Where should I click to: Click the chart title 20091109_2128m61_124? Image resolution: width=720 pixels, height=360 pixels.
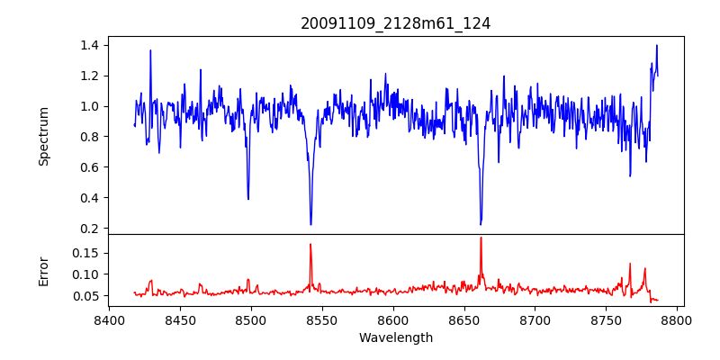395,23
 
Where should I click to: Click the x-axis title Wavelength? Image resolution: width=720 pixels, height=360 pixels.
395,337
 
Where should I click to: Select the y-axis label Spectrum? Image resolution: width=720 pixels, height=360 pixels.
43,136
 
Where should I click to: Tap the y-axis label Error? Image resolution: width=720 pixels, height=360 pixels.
43,270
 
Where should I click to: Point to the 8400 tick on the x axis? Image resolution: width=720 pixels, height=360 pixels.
109,319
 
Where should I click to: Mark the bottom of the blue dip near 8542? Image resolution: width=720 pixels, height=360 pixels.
310,224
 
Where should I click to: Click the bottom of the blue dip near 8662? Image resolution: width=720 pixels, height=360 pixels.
481,224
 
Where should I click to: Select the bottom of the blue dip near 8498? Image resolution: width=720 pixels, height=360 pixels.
248,199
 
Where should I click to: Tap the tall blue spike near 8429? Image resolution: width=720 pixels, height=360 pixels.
150,50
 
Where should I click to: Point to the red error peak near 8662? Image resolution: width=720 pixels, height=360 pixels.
481,238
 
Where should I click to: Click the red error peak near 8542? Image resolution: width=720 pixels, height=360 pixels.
310,244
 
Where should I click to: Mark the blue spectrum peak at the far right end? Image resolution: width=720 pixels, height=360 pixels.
657,45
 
